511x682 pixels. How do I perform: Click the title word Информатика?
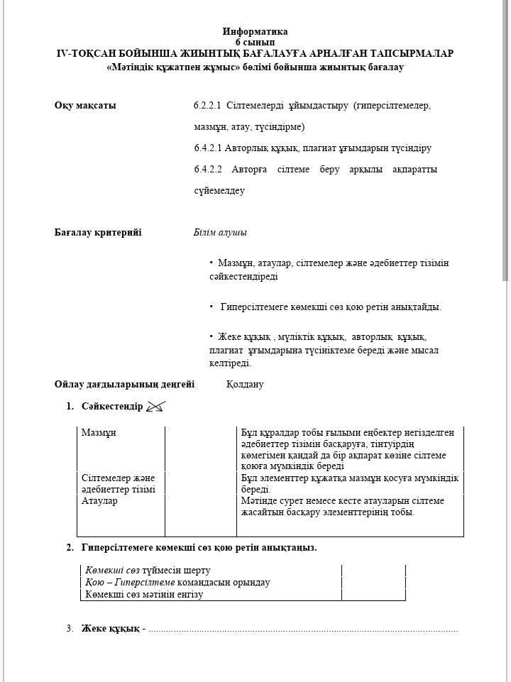(255, 31)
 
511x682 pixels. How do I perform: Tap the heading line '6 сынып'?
(255, 42)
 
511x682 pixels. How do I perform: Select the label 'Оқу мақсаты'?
(85, 106)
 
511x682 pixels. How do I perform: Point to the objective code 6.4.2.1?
(207, 148)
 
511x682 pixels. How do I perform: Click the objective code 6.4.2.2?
(207, 170)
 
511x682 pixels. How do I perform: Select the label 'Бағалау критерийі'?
(98, 232)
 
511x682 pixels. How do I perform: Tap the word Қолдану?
(244, 384)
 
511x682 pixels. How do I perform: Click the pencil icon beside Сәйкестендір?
(155, 407)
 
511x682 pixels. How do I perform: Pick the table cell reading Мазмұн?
(99, 432)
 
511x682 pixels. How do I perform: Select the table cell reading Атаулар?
(99, 501)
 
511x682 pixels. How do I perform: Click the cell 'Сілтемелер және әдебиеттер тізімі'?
(118, 483)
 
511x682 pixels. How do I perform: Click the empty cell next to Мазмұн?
(200, 449)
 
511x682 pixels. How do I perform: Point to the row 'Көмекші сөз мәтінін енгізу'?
(144, 595)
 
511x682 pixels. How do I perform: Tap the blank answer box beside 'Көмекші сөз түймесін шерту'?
(373, 570)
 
